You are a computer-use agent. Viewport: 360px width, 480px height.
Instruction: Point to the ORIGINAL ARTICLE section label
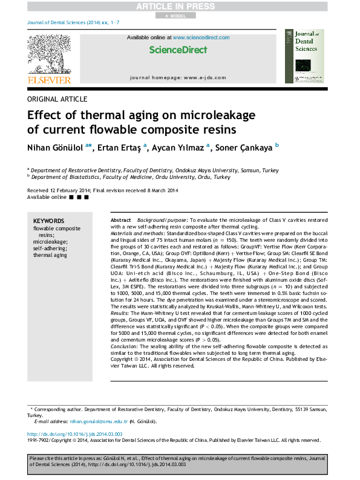point(57,99)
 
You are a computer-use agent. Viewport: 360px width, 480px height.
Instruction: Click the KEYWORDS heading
point(48,221)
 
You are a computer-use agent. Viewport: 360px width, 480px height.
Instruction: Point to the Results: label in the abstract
point(120,296)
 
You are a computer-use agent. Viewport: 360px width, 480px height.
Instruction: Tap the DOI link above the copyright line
point(75,435)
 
